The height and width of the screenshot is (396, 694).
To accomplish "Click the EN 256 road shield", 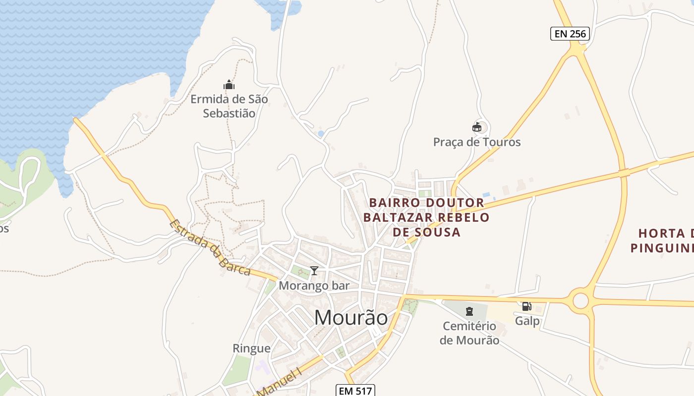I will click(570, 34).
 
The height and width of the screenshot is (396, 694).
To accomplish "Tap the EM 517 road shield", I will click(355, 391).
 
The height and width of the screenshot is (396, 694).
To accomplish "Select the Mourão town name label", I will click(351, 318).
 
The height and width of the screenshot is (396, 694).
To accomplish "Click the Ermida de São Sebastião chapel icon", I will click(229, 85).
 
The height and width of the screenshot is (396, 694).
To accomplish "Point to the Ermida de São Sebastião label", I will click(230, 106).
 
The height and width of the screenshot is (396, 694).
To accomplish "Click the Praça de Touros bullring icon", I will click(477, 128).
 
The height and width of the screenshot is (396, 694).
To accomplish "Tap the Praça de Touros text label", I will click(477, 142).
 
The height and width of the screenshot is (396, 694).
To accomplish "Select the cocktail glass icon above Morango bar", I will click(314, 271).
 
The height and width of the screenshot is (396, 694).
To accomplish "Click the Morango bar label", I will click(314, 286).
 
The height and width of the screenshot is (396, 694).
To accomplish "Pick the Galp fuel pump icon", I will click(526, 306).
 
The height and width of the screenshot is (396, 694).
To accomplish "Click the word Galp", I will click(527, 321).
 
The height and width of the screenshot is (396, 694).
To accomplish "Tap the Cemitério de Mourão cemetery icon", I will click(469, 311).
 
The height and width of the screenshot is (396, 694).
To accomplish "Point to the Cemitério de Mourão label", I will click(469, 333).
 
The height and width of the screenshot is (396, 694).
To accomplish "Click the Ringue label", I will click(252, 348).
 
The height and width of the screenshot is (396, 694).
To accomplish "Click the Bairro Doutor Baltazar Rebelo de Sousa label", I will click(426, 217).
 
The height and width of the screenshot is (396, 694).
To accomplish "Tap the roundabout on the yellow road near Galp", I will click(580, 300).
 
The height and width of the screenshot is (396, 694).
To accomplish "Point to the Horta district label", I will click(664, 240).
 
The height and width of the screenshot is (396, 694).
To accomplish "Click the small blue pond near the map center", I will click(321, 134).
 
